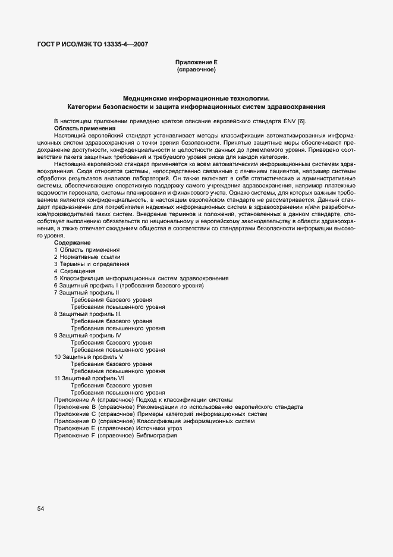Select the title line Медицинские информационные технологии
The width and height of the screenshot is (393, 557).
(196, 98)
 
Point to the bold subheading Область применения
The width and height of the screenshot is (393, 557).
(84, 128)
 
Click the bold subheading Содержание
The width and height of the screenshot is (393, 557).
(73, 243)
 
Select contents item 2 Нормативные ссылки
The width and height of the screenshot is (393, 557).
(83, 257)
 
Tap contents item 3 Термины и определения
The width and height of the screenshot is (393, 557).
(91, 264)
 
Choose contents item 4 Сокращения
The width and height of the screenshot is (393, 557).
(74, 271)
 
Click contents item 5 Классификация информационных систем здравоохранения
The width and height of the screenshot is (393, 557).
(141, 278)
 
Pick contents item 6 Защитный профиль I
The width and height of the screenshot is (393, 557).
(129, 286)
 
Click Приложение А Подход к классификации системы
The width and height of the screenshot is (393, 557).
(143, 399)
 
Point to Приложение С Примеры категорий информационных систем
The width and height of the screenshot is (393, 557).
(161, 414)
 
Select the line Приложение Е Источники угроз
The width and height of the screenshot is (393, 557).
(118, 428)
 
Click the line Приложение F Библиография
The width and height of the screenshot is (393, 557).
(115, 435)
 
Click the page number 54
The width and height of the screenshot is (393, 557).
(41, 508)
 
